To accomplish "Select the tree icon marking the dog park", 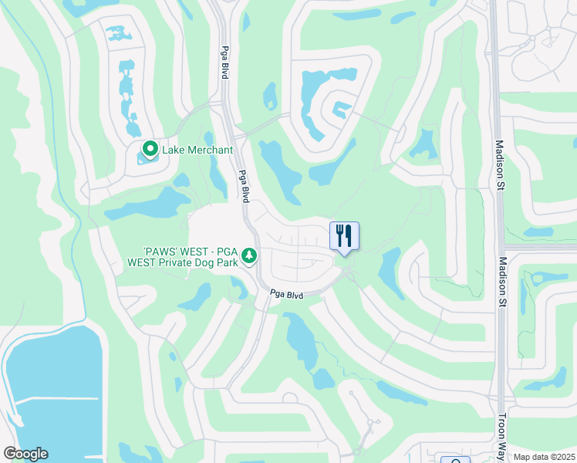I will click(x=248, y=255).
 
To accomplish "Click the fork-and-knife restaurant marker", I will click(x=344, y=235).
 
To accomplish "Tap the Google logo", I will click(x=25, y=454).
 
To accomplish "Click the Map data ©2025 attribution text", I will click(x=544, y=457).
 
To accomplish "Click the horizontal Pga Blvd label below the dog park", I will click(x=286, y=296).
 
